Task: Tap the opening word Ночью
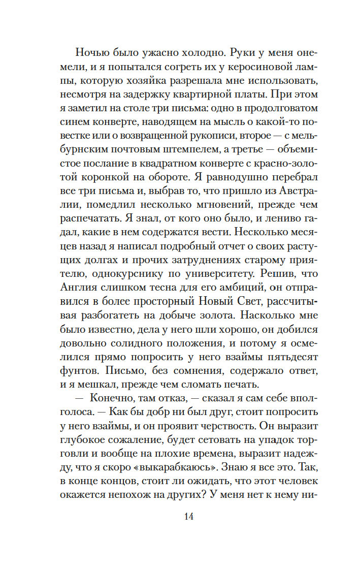click(x=91, y=52)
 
